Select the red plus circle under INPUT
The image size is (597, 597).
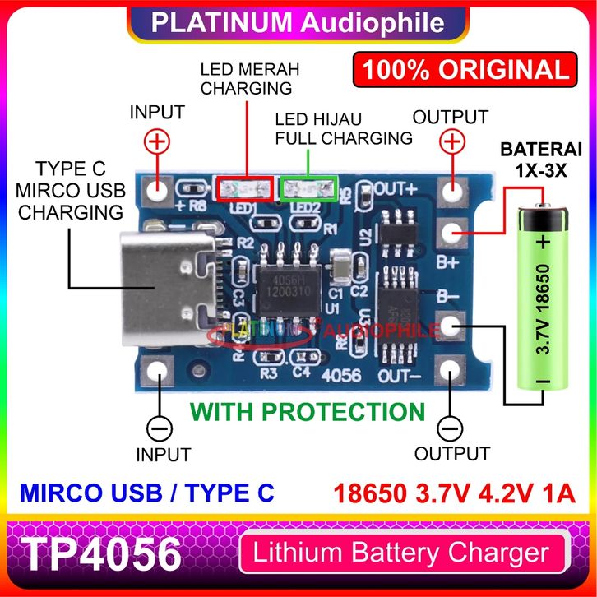coord(156,142)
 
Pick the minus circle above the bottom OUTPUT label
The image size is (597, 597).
coord(451,428)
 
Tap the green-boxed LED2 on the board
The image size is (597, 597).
coord(308,190)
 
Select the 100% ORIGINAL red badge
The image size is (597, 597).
coord(461,69)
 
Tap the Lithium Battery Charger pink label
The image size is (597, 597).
coord(401,553)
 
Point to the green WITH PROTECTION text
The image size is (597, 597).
coord(308,411)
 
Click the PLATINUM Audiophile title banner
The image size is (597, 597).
coord(298,22)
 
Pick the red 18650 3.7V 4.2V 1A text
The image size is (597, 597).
coord(453,493)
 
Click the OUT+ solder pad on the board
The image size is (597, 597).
coord(451,191)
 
